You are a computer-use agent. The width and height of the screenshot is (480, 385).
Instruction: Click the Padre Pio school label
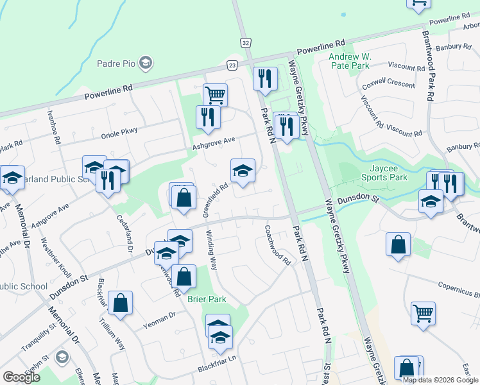(116, 63)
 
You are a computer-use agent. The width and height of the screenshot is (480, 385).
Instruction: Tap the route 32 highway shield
(246, 42)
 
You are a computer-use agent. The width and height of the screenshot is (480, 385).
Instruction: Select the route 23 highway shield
(232, 65)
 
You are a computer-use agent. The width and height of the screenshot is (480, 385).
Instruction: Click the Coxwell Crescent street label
(388, 83)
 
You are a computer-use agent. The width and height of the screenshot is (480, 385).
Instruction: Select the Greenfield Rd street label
(216, 200)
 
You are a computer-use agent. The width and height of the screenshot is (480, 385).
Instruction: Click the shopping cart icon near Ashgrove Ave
(216, 95)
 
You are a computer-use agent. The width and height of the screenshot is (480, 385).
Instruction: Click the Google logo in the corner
(21, 377)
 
